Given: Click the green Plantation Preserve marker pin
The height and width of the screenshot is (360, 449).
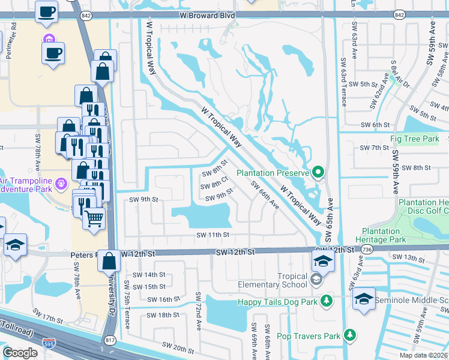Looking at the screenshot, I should coord(319,173).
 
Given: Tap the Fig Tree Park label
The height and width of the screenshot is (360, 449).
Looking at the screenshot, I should coord(415,139).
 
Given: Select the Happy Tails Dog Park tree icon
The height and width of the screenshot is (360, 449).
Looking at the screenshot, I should coord(326,300).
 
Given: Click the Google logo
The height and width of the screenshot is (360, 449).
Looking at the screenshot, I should coord(20,352).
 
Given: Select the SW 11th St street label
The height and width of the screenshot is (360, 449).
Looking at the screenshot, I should coord(213,235).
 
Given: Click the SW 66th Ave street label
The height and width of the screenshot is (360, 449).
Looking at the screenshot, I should coord(265,195).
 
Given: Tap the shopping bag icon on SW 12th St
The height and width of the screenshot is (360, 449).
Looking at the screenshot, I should coord(108,261).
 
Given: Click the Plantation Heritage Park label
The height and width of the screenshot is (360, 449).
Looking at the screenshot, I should coord(384,235).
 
